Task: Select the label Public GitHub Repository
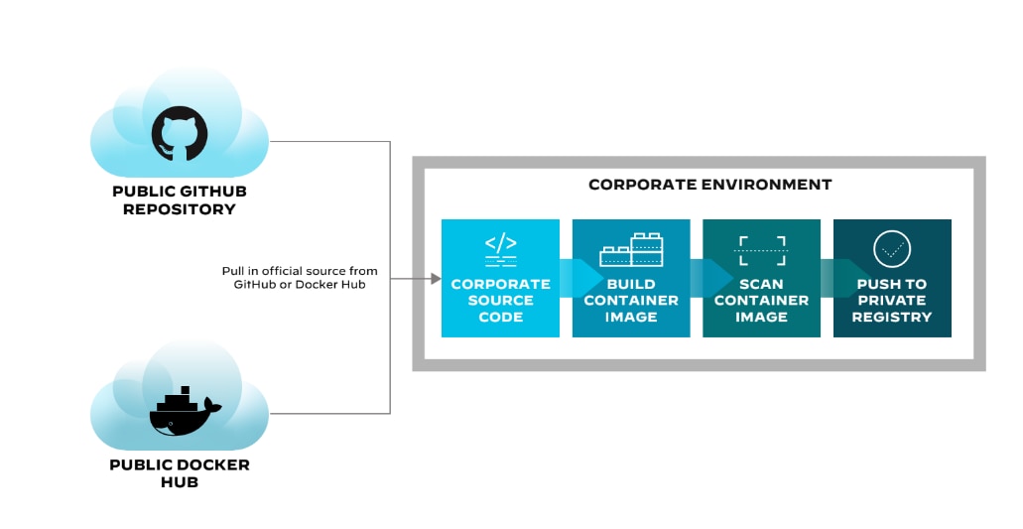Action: pyautogui.click(x=180, y=199)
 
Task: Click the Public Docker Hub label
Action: pyautogui.click(x=180, y=472)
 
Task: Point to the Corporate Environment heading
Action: pyautogui.click(x=709, y=185)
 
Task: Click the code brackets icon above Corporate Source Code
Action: pyautogui.click(x=500, y=245)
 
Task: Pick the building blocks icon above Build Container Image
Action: pyautogui.click(x=631, y=250)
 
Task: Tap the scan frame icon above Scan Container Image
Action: pyautogui.click(x=761, y=248)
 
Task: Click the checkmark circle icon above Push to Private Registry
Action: pyautogui.click(x=891, y=248)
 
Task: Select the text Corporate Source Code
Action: pyautogui.click(x=500, y=300)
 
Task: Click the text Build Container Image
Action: pyautogui.click(x=631, y=300)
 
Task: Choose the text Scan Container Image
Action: pyautogui.click(x=761, y=300)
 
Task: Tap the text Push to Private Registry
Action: pyautogui.click(x=892, y=300)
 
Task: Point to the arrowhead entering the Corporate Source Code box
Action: pyautogui.click(x=435, y=279)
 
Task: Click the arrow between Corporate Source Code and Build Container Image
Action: pyautogui.click(x=581, y=278)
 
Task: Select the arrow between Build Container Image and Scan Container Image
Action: pyautogui.click(x=711, y=278)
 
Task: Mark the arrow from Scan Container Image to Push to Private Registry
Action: pyautogui.click(x=842, y=278)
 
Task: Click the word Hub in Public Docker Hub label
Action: pyautogui.click(x=180, y=482)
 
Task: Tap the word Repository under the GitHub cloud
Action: pyautogui.click(x=180, y=209)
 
